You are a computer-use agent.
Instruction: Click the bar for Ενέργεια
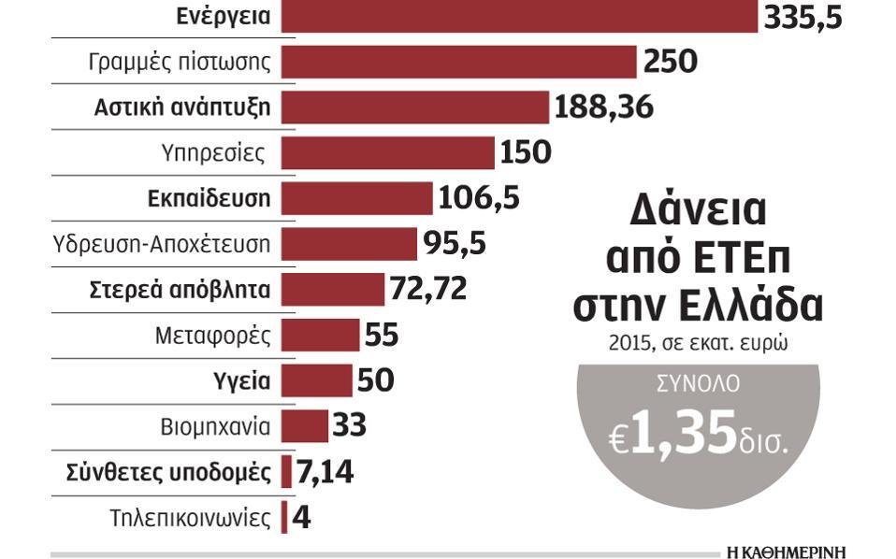(x=519, y=17)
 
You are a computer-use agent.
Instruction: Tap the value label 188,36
(x=603, y=107)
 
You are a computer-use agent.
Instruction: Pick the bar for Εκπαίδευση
(x=356, y=198)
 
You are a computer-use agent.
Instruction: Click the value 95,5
(x=455, y=243)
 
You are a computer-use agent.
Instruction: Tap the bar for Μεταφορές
(x=320, y=335)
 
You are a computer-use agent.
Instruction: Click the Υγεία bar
(x=317, y=380)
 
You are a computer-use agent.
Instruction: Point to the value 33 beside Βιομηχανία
(x=348, y=425)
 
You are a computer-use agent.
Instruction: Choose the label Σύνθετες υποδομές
(x=170, y=471)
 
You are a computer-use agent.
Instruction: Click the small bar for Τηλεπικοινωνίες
(x=285, y=517)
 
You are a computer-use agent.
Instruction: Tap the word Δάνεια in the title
(x=697, y=213)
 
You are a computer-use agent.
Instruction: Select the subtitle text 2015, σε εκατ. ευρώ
(x=697, y=343)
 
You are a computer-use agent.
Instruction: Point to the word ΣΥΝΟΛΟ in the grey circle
(x=697, y=383)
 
